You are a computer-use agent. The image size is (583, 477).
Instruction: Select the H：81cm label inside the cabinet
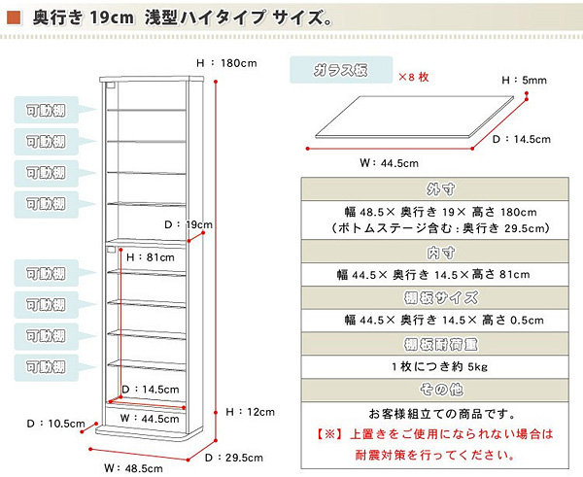(x=148, y=257)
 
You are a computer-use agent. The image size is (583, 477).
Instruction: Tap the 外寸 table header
(x=441, y=188)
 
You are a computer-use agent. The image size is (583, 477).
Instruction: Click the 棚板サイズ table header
(x=441, y=297)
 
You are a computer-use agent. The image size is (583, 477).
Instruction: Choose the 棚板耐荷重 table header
(x=441, y=344)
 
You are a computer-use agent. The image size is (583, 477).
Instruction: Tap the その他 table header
(x=441, y=390)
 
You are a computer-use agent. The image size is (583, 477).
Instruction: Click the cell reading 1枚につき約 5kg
(x=441, y=366)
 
